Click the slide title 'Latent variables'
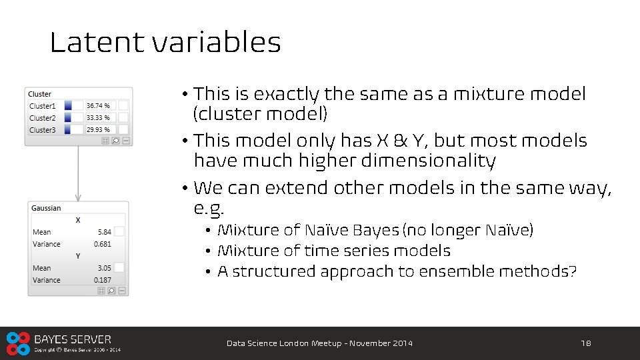(165, 43)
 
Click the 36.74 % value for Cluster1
(98, 105)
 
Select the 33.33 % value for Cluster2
(98, 118)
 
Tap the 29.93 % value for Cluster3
(98, 130)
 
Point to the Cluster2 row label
(43, 118)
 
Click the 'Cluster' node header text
(40, 94)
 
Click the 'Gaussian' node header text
(46, 208)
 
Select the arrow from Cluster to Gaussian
(78, 172)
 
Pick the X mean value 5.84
(104, 232)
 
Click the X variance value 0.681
(103, 244)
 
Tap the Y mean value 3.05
(104, 268)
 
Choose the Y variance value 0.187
(103, 280)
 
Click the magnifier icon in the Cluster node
(115, 141)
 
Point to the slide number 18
(586, 343)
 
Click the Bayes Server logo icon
(18, 343)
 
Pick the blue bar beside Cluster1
(68, 105)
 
